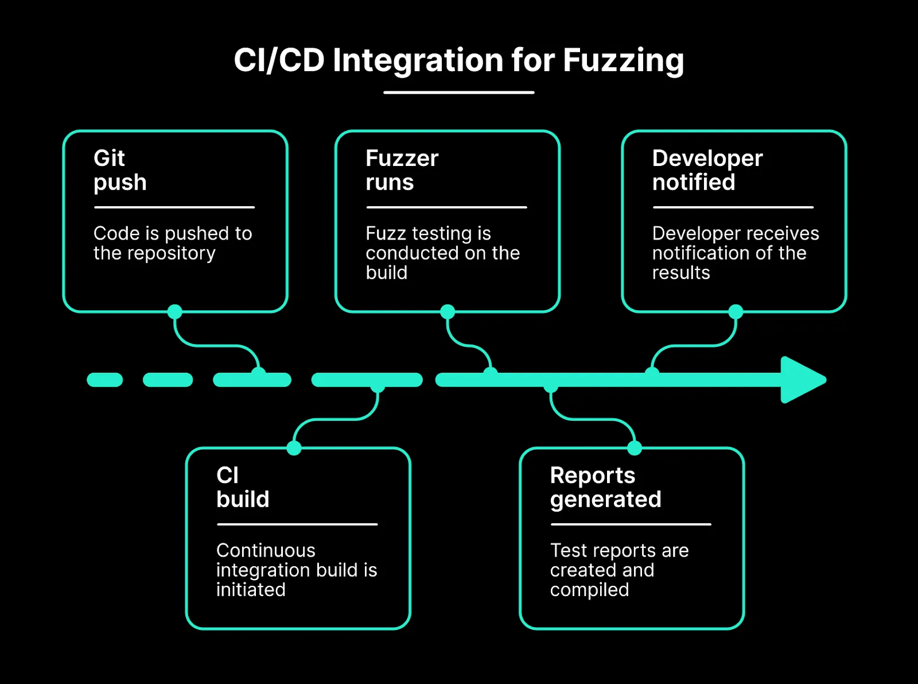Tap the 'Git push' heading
[x=120, y=170]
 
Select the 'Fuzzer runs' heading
[x=402, y=170]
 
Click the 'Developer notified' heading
[x=707, y=170]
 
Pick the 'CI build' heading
[x=242, y=487]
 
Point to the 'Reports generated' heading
[x=605, y=487]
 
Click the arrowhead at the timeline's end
[x=802, y=380]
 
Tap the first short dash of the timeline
[x=105, y=380]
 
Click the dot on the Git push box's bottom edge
[x=175, y=312]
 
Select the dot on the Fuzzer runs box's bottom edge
[x=448, y=312]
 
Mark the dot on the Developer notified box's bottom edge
[x=736, y=312]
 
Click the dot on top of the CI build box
[x=294, y=448]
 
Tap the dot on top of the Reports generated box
[x=635, y=448]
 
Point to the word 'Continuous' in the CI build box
[x=266, y=550]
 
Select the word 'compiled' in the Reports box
[x=589, y=590]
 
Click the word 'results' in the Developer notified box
[x=681, y=273]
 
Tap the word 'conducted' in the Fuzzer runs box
[x=406, y=253]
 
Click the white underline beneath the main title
[x=459, y=92]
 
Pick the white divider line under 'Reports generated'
[x=631, y=524]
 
